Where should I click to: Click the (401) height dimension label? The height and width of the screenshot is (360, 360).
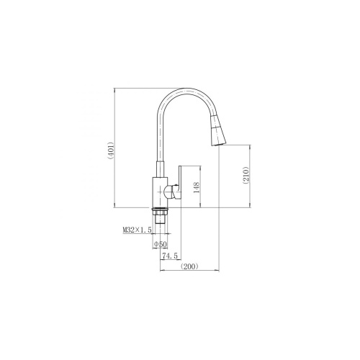[x=111, y=151]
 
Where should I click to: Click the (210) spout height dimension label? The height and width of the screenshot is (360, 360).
[x=246, y=175]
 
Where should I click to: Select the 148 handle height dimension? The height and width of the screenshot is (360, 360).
[x=197, y=188]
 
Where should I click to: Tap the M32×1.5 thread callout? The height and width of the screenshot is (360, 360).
[x=137, y=230]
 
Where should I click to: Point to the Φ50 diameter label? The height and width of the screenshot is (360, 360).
[x=160, y=245]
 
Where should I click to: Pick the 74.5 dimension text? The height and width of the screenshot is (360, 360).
[x=170, y=256]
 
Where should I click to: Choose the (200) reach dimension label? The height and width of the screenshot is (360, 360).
[x=189, y=266]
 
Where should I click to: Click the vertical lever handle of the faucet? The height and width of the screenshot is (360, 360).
[x=180, y=182]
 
